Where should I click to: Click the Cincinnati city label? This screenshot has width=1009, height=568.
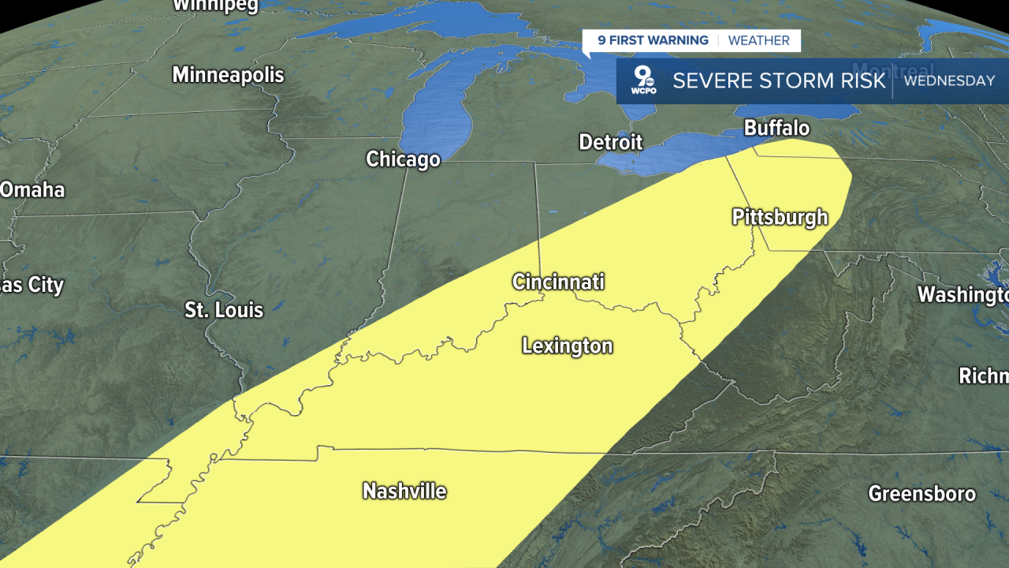coord(558,282)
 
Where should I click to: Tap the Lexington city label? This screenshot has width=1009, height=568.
coord(567,346)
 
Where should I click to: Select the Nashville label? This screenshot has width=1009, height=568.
coord(404,491)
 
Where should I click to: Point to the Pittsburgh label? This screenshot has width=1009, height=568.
coord(780,217)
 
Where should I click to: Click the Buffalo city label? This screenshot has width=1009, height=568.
coord(776,128)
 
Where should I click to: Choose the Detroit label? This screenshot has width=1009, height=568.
coord(610,142)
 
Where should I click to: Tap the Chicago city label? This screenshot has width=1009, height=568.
coord(403,159)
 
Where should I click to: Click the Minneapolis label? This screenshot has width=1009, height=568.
coord(228,75)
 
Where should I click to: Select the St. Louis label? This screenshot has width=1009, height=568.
coord(224,309)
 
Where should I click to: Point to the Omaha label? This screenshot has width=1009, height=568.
coord(32,190)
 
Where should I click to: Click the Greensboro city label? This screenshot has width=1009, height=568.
coord(922,494)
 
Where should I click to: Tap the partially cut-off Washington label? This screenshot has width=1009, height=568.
coord(962,295)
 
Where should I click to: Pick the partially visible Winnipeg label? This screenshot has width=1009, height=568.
coord(215,6)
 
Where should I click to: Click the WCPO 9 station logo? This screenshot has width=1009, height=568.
coord(644,80)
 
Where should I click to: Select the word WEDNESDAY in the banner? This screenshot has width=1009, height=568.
coord(949,80)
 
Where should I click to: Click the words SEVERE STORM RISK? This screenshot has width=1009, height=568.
coord(780,80)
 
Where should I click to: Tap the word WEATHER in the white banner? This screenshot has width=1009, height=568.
coord(758,41)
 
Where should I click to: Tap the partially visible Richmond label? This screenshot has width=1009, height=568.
coord(983,376)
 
